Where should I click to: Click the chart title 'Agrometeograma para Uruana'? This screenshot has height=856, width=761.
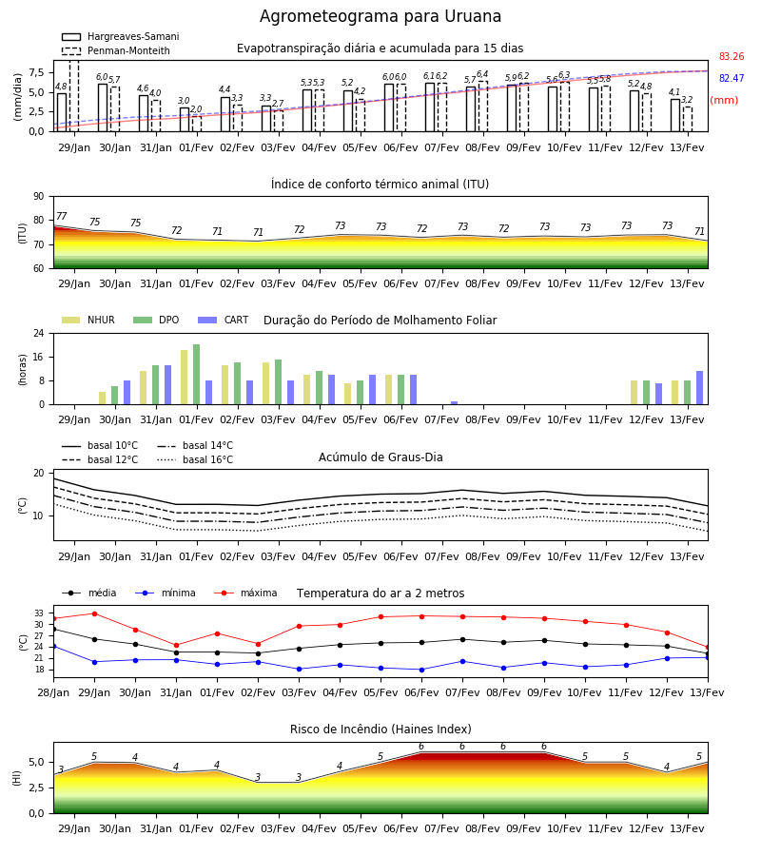(380, 16)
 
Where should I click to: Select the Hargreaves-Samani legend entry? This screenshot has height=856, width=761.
(120, 36)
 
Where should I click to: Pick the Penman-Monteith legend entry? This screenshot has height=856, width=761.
(116, 50)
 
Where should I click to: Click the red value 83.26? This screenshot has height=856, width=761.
(732, 56)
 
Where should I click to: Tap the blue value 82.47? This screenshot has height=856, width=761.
(732, 78)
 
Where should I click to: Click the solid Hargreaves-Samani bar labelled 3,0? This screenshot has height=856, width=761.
(185, 120)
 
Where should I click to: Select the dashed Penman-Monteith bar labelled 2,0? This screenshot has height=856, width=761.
(197, 124)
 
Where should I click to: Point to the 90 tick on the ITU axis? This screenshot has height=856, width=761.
(39, 197)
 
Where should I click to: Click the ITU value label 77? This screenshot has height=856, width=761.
(61, 216)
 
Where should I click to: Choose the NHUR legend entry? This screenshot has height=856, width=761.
(88, 320)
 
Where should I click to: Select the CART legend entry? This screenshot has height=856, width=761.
(224, 320)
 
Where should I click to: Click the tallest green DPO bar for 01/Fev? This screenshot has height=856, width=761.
(197, 375)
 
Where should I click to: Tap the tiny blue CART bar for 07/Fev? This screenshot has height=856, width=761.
(454, 403)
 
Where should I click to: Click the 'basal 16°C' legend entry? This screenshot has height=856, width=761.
(195, 459)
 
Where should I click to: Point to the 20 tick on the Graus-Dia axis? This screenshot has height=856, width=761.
(39, 474)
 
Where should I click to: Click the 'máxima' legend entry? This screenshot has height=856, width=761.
(245, 593)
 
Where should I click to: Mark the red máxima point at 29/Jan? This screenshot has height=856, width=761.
(94, 613)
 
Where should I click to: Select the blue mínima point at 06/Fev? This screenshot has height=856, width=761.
(421, 670)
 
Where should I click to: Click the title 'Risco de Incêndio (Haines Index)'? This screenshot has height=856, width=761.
(380, 730)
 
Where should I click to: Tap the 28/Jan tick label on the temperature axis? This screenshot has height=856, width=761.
(53, 692)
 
